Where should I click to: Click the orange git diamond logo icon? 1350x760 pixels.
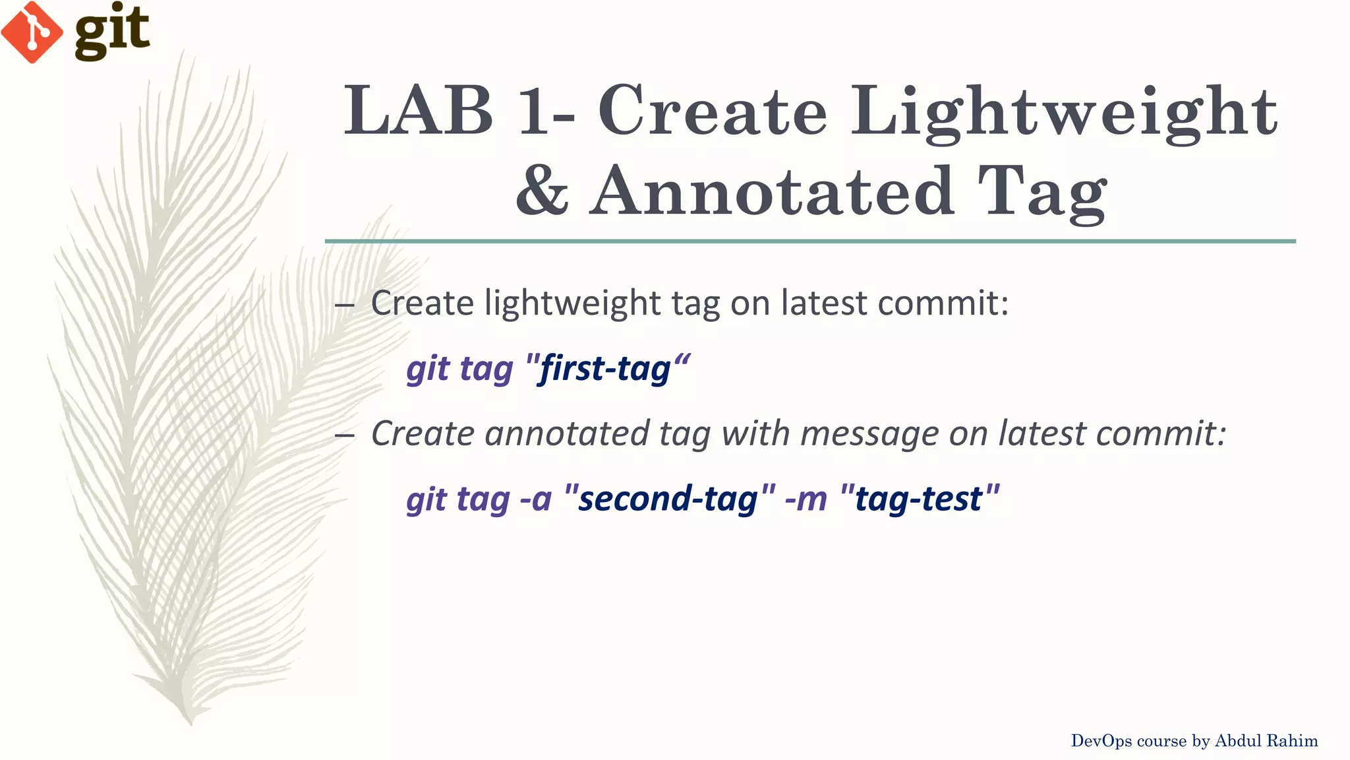pos(32,32)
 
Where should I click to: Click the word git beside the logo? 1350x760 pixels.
pos(112,32)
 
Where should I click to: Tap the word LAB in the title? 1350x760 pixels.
pos(418,111)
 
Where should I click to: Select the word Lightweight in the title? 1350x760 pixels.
pos(1063,112)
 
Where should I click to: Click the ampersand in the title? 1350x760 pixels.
pos(542,191)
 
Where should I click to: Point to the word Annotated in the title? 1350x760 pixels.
pos(771,191)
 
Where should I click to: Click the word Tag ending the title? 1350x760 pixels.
pos(1042,193)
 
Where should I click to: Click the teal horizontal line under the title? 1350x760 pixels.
pos(809,241)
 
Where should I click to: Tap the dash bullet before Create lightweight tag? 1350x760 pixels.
pos(344,305)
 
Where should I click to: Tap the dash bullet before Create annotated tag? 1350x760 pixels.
pos(344,435)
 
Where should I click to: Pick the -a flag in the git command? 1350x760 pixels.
pos(535,499)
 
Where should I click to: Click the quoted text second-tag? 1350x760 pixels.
pos(668,499)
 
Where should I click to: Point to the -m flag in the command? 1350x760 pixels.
pos(806,499)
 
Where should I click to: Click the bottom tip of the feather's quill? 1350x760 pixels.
pos(191,723)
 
